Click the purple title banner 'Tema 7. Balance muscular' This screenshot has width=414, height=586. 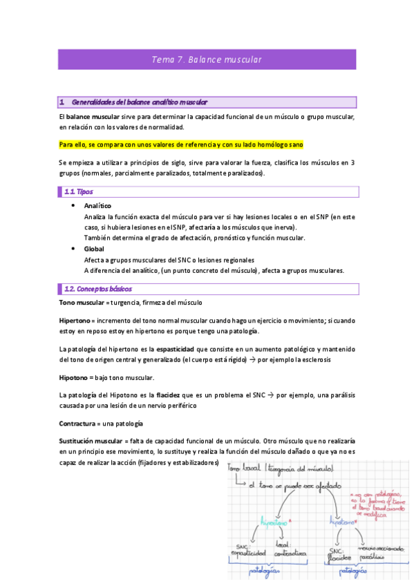(x=207, y=59)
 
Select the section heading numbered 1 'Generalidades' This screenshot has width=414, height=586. (x=138, y=102)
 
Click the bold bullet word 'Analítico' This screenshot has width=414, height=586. (x=97, y=206)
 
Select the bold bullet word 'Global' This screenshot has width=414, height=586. (x=94, y=249)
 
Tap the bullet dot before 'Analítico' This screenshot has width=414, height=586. (x=73, y=206)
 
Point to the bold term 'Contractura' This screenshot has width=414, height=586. (x=80, y=423)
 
